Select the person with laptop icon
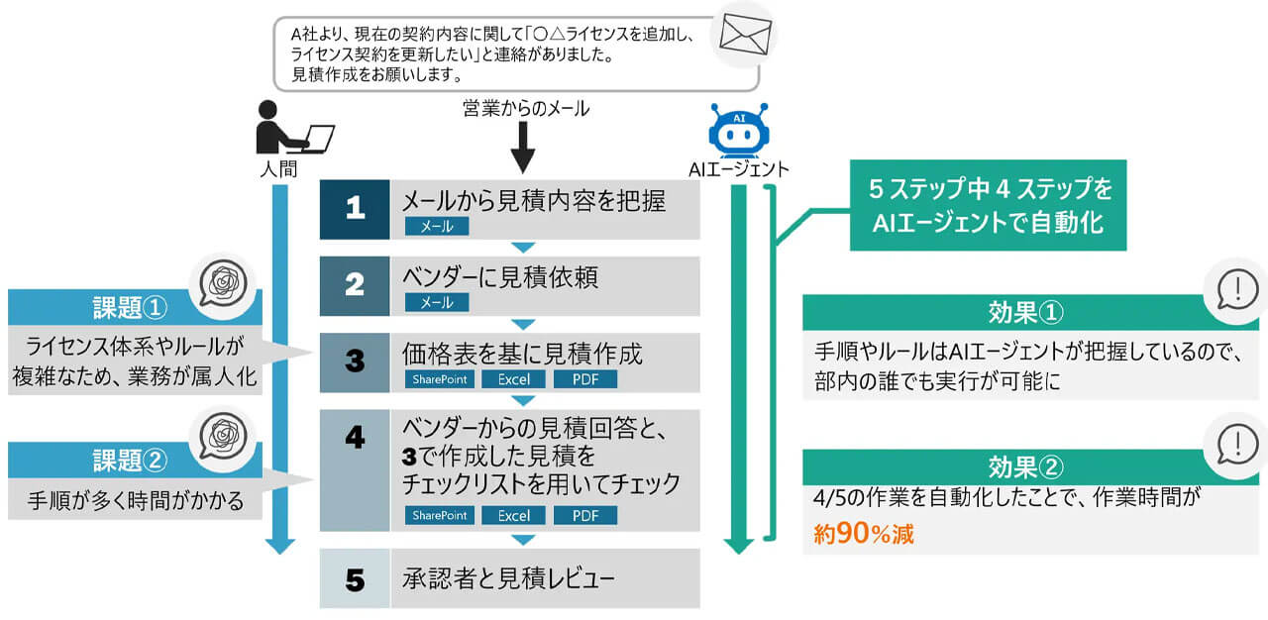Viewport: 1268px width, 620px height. point(294,127)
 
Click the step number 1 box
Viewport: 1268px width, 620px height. point(355,209)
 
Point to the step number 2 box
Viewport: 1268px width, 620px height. point(355,285)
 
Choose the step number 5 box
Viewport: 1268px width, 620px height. point(355,577)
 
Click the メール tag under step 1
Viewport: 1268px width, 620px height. point(437,227)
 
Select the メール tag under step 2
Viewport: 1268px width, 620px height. point(437,303)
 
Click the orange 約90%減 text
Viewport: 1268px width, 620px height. point(863,534)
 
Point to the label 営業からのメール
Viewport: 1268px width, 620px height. point(525,109)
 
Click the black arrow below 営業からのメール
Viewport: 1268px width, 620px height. point(523,151)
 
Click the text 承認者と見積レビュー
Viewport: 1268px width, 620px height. point(512,578)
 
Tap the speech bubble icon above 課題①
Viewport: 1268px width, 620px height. point(227,283)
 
